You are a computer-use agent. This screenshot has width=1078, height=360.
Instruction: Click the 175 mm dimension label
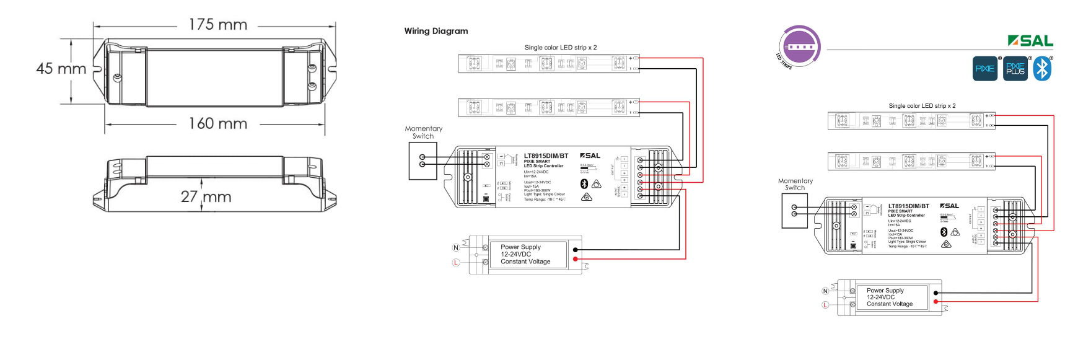coord(218,25)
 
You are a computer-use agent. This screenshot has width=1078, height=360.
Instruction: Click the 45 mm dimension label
coord(61,68)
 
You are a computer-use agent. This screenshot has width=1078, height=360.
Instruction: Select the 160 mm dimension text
coord(218,124)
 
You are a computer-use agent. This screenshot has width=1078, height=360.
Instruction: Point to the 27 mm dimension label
coord(206,197)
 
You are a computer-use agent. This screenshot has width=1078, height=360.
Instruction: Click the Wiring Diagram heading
coord(436,31)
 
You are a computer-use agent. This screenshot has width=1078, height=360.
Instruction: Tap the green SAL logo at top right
coord(1030,41)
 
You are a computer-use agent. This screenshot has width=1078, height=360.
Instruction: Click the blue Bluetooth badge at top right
coord(1042,69)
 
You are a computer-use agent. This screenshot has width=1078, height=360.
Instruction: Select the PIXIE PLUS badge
coord(1015,69)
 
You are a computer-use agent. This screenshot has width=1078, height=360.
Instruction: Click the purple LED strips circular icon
coord(800,46)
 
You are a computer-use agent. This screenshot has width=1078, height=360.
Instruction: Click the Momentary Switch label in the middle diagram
coord(424,132)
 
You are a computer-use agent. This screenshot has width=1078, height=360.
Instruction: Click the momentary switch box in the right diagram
coord(794,211)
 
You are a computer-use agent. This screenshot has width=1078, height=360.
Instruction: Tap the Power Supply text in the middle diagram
coord(520,247)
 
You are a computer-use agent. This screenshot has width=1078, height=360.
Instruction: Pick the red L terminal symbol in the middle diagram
coord(456,263)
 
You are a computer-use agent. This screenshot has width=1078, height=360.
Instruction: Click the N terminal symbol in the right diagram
coord(825,291)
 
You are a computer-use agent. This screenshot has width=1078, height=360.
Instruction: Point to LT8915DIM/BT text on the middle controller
coord(546,156)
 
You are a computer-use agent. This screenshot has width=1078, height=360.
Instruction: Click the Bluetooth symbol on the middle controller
coord(584,183)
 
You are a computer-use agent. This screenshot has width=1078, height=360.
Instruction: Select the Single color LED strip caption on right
coord(922,106)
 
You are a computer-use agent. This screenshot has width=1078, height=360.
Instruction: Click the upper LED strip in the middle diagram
coord(548,63)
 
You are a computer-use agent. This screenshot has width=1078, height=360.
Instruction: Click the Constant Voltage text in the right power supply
coord(890,304)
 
